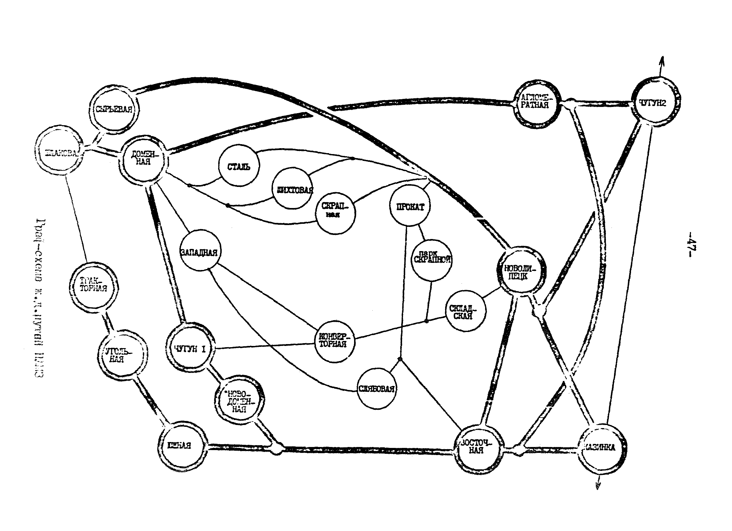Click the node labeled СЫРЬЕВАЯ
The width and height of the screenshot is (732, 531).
tap(114, 108)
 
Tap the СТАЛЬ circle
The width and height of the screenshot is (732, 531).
tap(239, 166)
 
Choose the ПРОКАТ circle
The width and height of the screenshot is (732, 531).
tap(410, 207)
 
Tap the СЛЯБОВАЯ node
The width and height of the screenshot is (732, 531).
tap(377, 388)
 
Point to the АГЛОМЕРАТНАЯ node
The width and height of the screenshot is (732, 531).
tap(536, 103)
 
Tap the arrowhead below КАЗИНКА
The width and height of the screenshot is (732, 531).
tap(598, 488)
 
